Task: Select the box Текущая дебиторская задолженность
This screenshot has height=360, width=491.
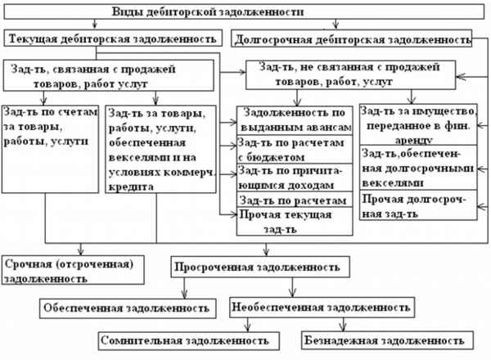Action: click(x=114, y=38)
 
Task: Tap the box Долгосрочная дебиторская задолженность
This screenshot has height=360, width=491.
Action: click(x=352, y=39)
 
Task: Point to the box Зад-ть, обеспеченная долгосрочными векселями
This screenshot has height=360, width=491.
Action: click(x=417, y=169)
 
